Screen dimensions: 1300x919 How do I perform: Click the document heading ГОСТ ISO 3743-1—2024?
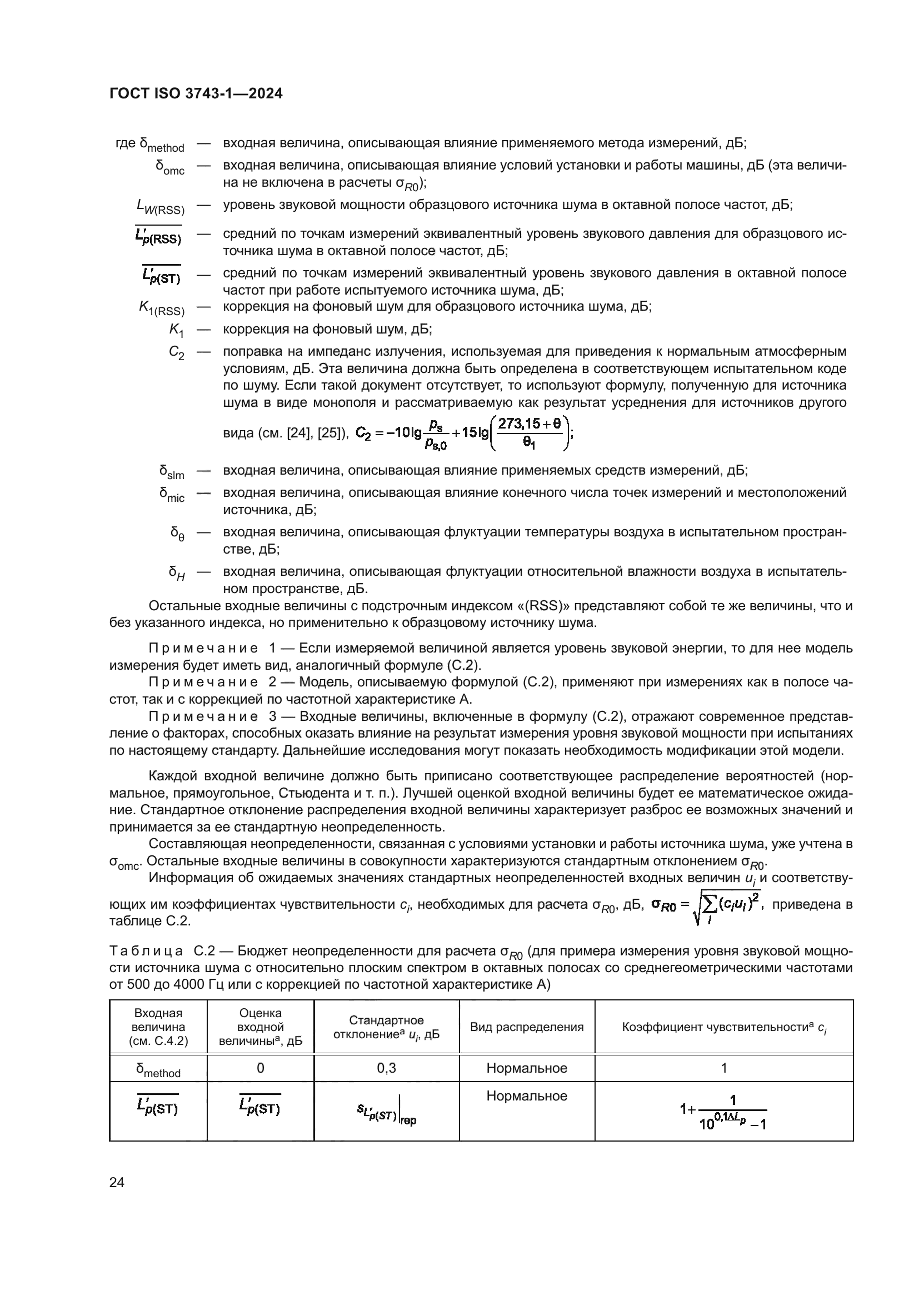click(196, 94)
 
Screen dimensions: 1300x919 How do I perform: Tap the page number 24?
click(117, 1182)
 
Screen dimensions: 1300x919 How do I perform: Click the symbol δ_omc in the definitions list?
click(170, 168)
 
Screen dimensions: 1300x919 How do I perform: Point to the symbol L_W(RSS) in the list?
click(161, 207)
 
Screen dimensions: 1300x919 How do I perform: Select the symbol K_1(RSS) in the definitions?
click(162, 308)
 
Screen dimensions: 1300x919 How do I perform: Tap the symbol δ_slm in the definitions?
click(172, 472)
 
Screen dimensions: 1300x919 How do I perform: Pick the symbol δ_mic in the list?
click(172, 495)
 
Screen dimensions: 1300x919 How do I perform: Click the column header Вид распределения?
click(526, 1027)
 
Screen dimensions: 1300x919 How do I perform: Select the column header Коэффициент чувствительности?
click(723, 1027)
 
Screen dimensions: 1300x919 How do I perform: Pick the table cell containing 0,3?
click(386, 1068)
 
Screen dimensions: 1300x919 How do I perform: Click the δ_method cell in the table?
click(158, 1069)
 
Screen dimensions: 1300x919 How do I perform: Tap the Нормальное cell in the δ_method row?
click(526, 1068)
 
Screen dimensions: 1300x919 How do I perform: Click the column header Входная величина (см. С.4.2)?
click(158, 1027)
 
